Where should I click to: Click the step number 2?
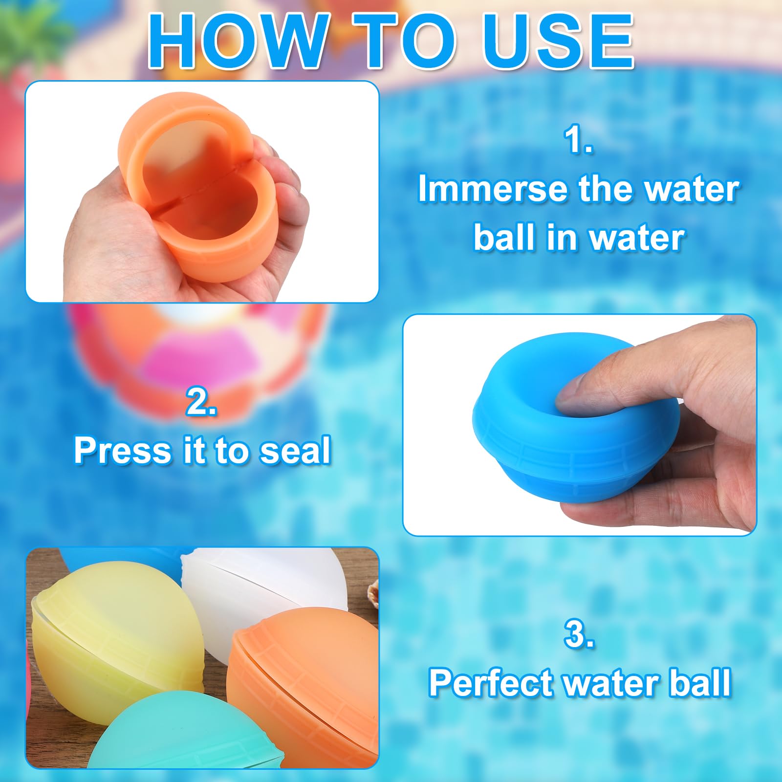[201, 402]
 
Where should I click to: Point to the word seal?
[295, 451]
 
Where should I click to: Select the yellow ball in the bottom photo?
[112, 630]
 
